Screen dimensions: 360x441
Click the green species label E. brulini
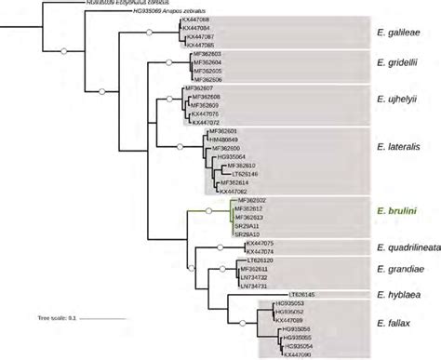396,211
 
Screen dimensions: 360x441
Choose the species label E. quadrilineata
402,247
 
